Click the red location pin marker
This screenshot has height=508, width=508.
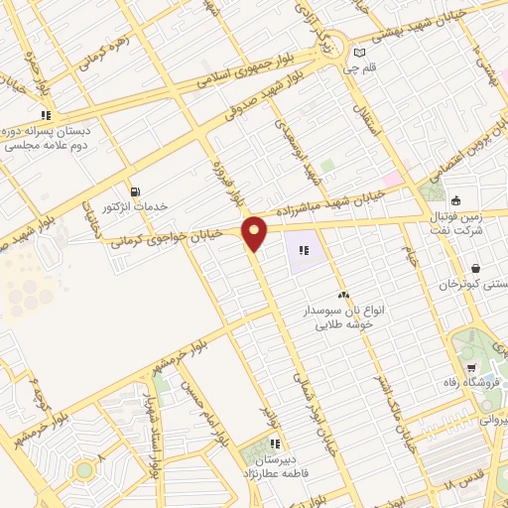point(256,232)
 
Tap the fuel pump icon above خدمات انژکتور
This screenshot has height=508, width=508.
point(135,191)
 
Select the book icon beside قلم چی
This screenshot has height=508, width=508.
point(360,53)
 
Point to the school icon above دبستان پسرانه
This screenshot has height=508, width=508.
point(46,115)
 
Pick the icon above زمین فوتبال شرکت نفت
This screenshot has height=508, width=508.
point(455,198)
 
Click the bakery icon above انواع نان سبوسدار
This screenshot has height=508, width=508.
point(343,295)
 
